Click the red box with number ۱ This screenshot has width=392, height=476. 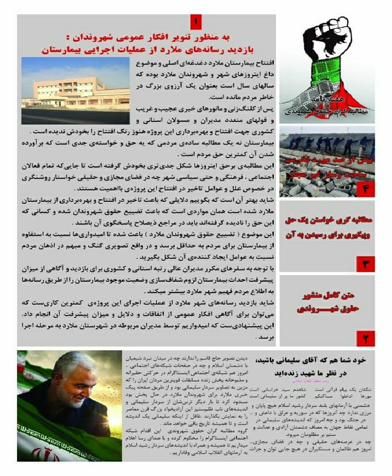[195, 22]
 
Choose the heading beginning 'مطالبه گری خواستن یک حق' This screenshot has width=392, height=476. [327, 225]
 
